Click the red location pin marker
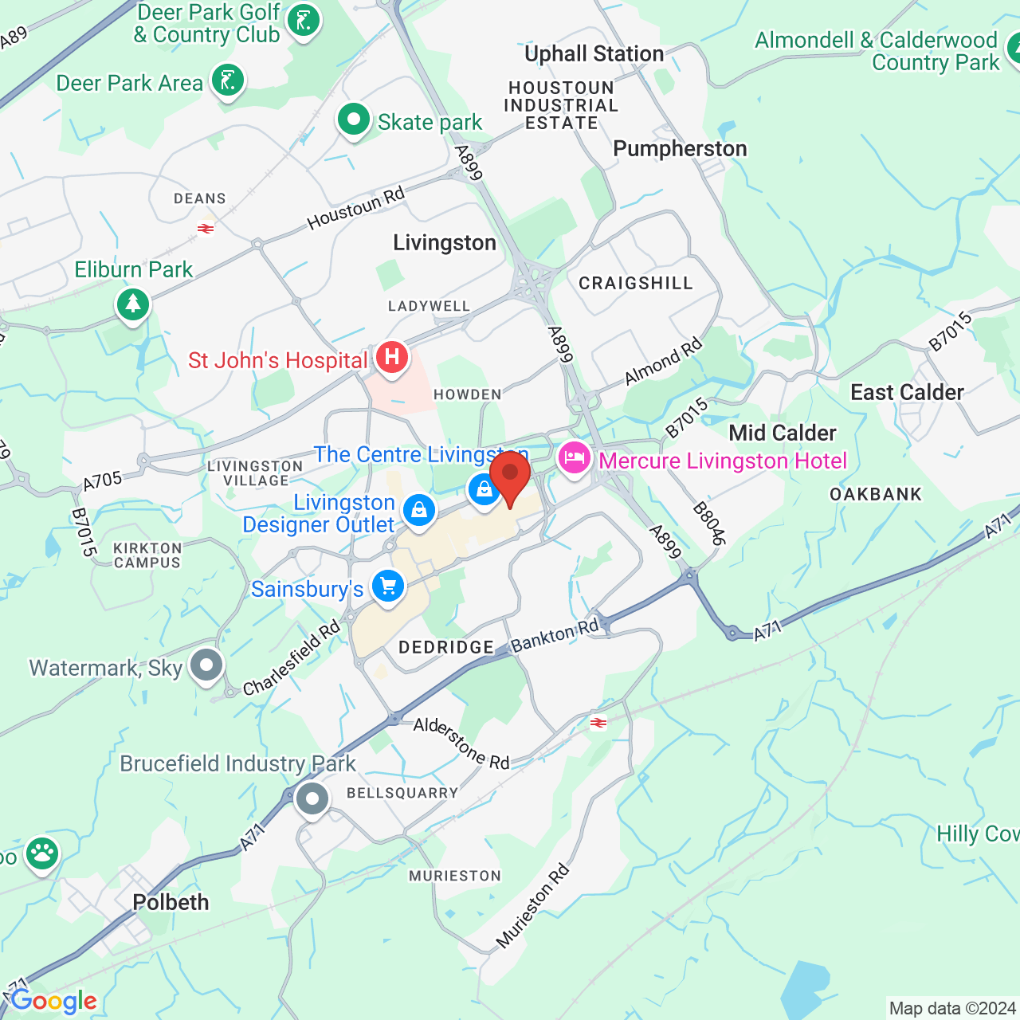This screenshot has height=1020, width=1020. (510, 475)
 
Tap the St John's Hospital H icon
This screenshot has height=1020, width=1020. (391, 356)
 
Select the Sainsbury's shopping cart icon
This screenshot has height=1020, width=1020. (388, 587)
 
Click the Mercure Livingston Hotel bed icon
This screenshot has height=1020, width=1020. (574, 458)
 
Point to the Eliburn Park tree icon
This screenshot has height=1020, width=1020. (133, 304)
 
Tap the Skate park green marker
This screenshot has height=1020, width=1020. (353, 120)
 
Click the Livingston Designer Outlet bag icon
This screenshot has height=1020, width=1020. (419, 510)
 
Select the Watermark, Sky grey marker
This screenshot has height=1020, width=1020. (207, 665)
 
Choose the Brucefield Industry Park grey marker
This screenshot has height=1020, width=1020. (312, 798)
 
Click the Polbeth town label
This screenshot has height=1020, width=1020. (171, 902)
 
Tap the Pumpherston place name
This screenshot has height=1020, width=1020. (680, 149)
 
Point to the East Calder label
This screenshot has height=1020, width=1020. (907, 392)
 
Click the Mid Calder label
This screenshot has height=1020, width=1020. (783, 433)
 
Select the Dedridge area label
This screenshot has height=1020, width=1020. (446, 647)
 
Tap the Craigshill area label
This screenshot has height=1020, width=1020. (635, 283)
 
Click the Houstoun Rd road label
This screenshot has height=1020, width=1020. (356, 207)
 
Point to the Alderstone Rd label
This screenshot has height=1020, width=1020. (461, 743)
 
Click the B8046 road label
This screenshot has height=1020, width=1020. (708, 524)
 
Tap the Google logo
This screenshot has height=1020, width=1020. (53, 1001)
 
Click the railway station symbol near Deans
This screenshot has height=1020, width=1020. (206, 229)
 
